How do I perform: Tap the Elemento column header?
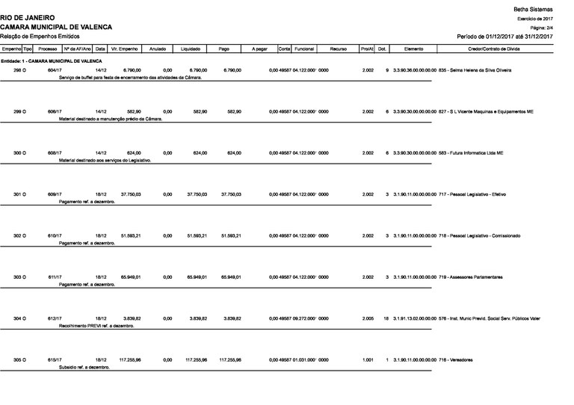(414, 48)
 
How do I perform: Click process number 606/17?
(54, 111)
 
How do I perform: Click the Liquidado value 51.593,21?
(197, 235)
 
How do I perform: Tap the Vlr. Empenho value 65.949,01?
(130, 277)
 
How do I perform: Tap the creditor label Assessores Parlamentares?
(475, 277)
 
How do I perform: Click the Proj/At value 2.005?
(368, 319)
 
